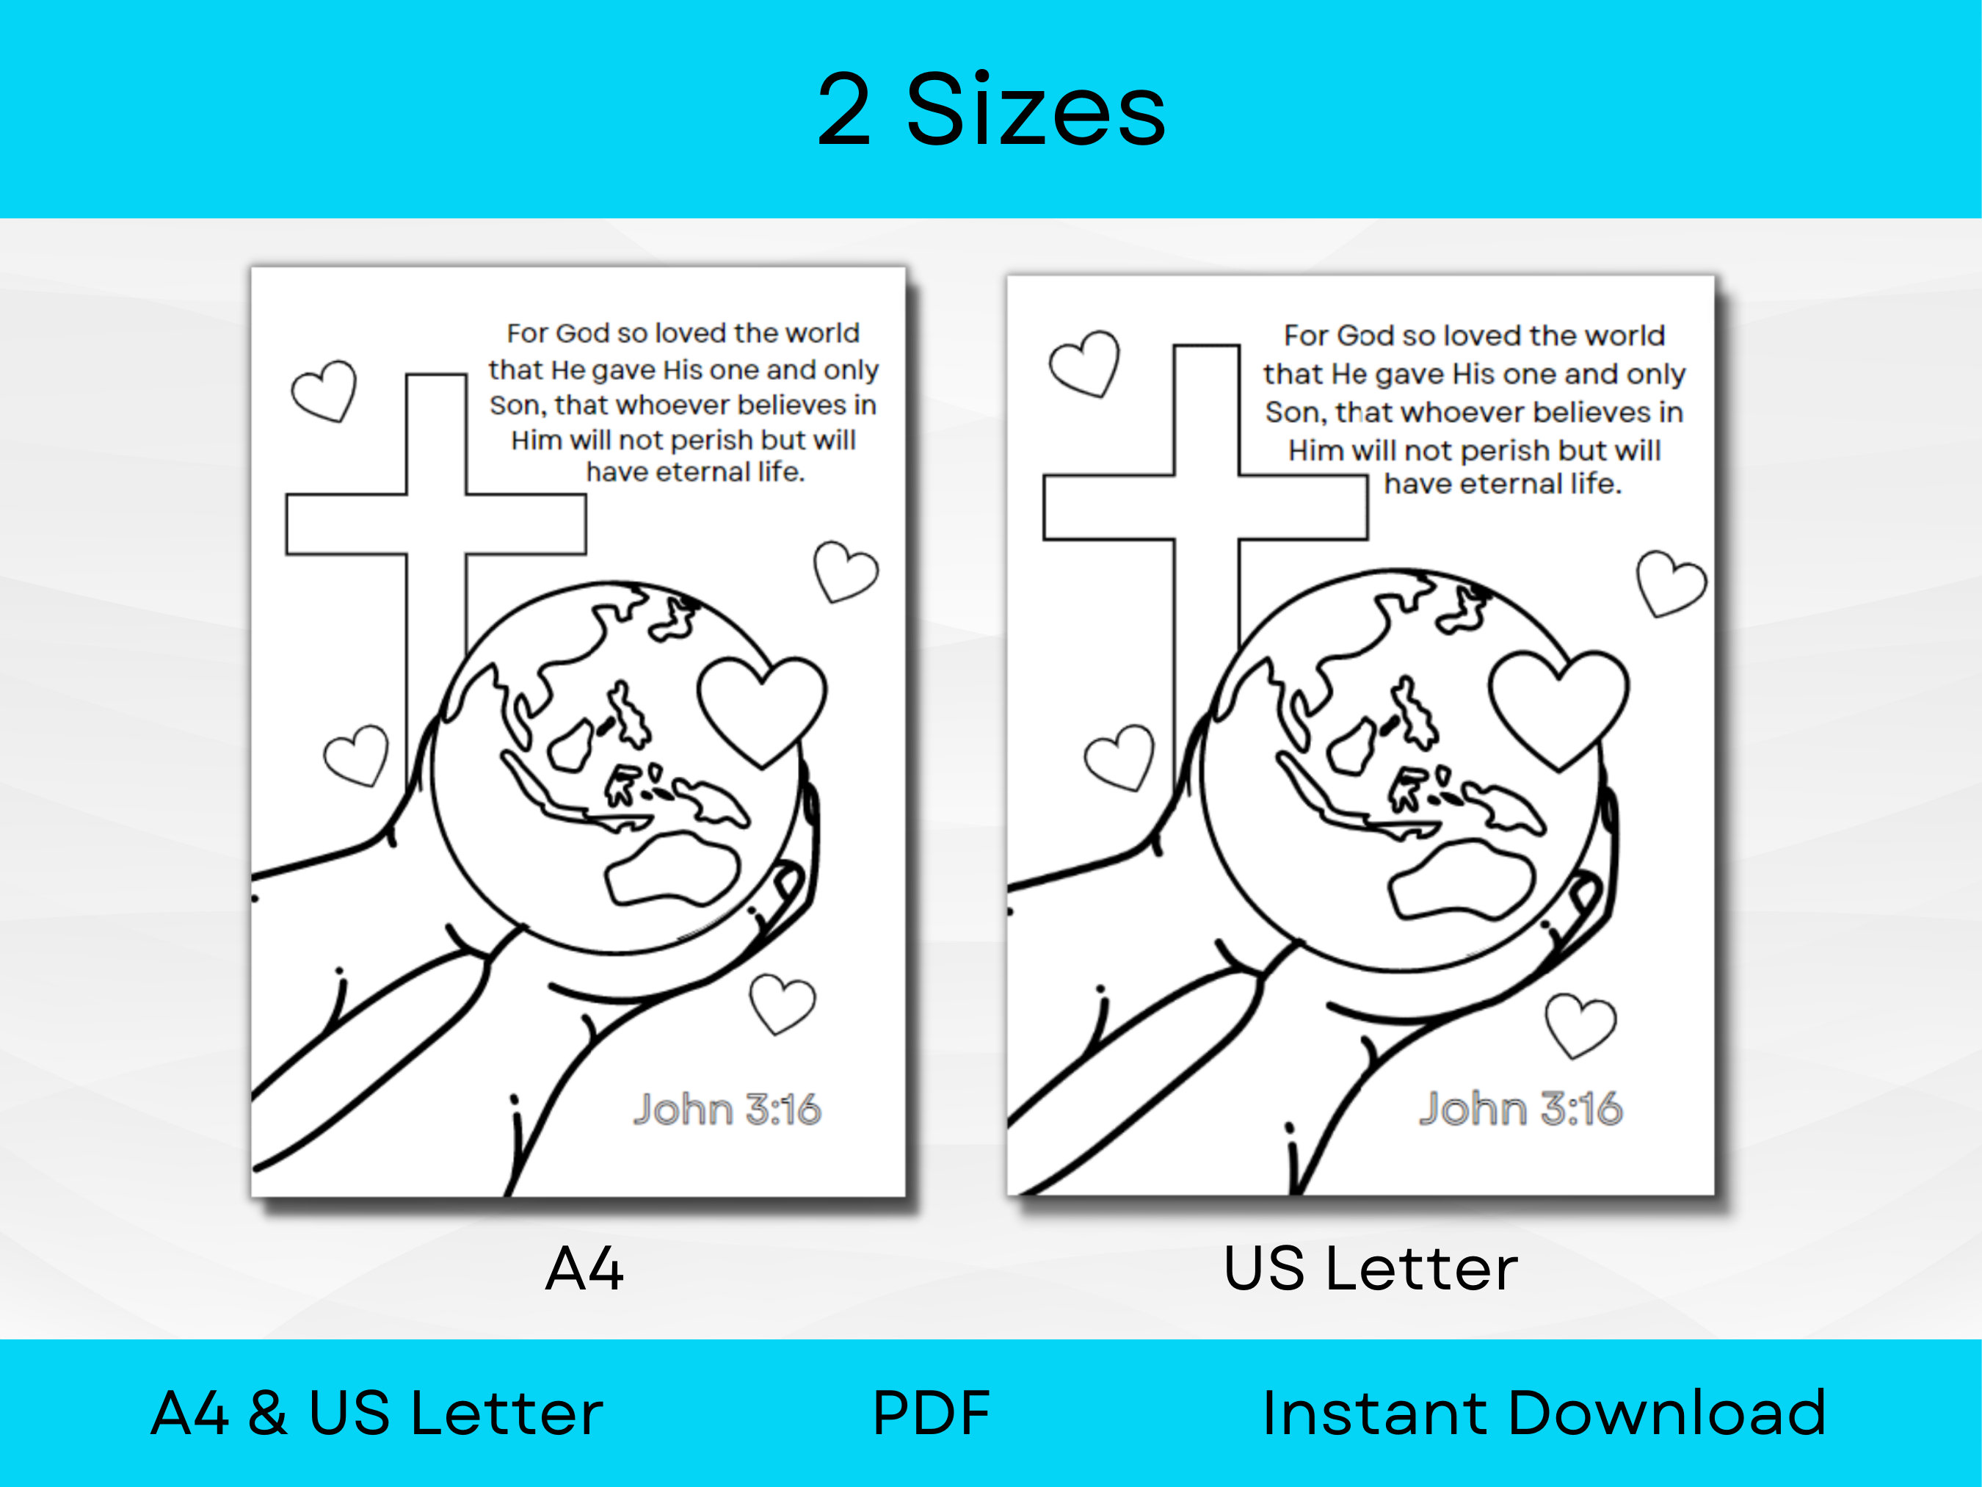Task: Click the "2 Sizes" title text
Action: (991, 109)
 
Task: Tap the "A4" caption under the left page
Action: (584, 1268)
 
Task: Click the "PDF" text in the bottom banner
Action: (931, 1414)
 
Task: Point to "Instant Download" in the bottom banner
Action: (1543, 1414)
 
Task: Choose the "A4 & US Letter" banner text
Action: (377, 1414)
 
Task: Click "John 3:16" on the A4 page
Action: (727, 1110)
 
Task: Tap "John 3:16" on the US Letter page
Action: (1520, 1109)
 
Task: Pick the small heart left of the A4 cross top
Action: (324, 391)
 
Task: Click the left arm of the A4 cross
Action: (346, 524)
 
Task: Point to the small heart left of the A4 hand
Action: (357, 756)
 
